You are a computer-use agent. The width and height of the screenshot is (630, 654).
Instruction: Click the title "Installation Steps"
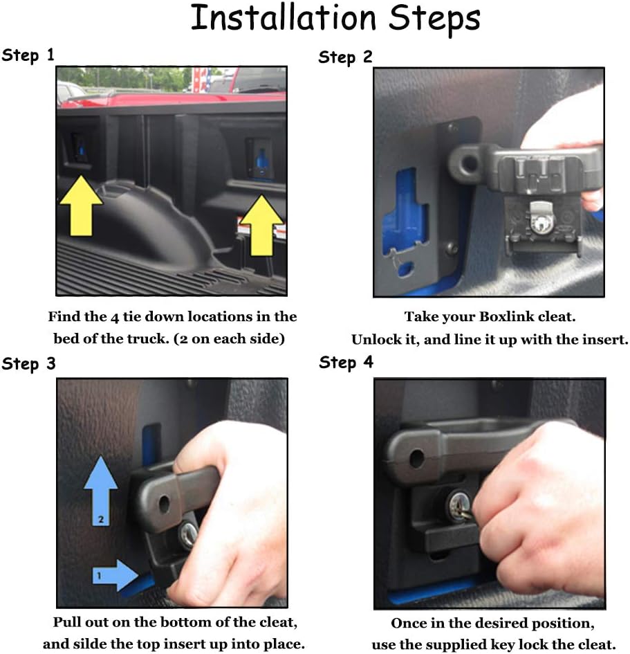click(335, 19)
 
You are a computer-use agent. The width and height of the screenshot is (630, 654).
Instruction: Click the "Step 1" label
click(28, 55)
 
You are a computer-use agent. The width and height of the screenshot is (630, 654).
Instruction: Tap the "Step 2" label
click(345, 57)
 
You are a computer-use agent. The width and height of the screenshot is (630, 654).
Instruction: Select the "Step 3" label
click(28, 364)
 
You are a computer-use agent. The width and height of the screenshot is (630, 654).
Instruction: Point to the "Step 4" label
click(346, 363)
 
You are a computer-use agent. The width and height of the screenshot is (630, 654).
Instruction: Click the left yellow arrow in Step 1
click(81, 206)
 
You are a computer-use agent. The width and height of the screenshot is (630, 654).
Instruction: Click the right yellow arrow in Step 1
click(261, 225)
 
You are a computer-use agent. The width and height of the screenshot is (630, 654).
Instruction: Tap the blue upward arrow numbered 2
click(100, 491)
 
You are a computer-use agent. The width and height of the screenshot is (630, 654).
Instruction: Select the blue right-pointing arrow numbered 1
click(115, 575)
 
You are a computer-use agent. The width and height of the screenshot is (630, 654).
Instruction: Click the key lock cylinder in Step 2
click(541, 223)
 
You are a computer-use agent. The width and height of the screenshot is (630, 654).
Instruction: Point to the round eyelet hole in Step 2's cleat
click(470, 162)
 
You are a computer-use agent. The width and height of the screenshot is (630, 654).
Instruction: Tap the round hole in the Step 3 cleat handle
click(164, 505)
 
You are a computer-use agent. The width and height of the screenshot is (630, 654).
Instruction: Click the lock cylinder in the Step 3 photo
click(188, 534)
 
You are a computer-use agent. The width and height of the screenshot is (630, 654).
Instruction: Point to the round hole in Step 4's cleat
click(417, 458)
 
